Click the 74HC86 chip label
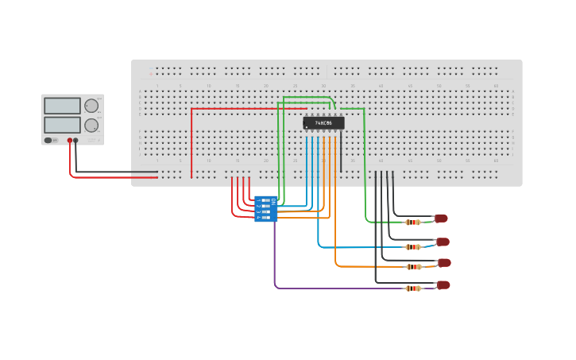pos(323,123)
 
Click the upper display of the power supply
pos(62,106)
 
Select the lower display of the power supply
pos(62,125)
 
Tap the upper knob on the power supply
pos(91,106)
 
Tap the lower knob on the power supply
pos(91,125)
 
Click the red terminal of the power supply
pos(70,141)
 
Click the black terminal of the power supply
pos(76,141)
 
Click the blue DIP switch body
pos(265,209)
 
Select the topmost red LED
pos(441,218)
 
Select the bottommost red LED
pos(443,285)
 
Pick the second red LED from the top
pos(443,242)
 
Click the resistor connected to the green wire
pos(413,223)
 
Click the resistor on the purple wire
pos(413,288)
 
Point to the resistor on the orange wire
pos(413,267)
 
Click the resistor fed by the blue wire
pos(413,247)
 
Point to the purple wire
pos(275,262)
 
